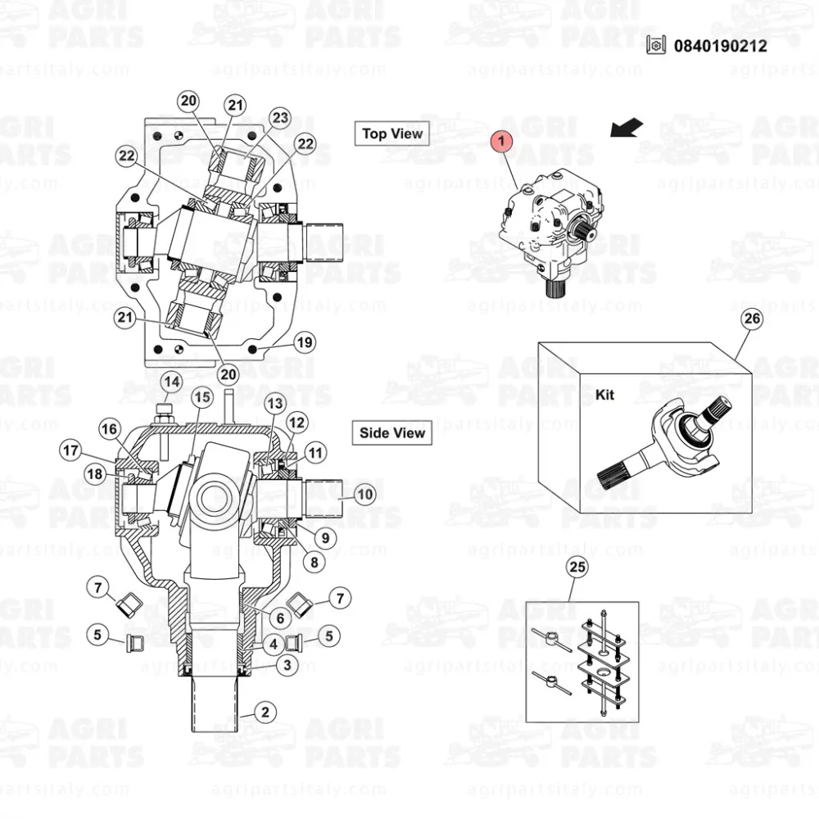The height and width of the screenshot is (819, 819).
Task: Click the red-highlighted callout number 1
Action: point(501,141)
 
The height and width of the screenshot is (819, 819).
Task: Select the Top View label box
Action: point(392,133)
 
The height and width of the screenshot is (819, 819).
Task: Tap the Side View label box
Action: point(392,433)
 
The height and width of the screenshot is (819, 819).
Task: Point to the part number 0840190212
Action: point(720,46)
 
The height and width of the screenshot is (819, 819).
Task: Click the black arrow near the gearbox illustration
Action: point(627,128)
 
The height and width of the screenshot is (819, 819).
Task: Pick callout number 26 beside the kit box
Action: point(752,319)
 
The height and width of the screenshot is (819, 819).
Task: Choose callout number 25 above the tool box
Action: point(577,567)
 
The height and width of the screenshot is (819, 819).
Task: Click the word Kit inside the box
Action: point(605,395)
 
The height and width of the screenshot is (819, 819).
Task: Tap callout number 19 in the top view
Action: point(305,342)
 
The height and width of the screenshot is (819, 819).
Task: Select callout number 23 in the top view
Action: point(280,117)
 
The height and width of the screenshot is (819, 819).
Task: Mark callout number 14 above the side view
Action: point(172,382)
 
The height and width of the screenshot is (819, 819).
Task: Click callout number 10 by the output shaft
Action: point(365,494)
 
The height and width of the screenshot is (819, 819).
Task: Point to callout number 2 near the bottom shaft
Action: point(265,712)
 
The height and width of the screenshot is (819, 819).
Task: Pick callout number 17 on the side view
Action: point(71,450)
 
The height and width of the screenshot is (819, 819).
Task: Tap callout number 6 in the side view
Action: point(280,618)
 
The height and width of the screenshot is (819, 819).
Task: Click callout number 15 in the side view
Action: point(202,397)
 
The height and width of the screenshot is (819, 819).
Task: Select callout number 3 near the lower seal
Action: point(287,665)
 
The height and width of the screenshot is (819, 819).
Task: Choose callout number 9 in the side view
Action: point(325,538)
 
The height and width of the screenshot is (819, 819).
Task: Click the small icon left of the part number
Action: point(656,45)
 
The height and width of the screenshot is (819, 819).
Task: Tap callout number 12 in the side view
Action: point(296,423)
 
